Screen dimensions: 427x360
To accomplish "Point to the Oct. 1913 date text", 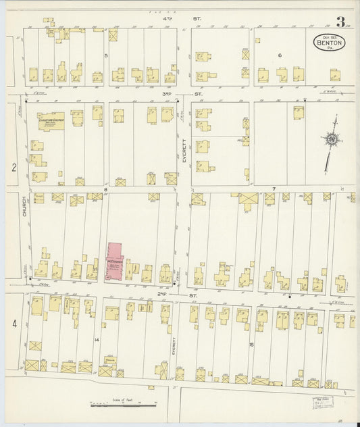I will click(x=329, y=34).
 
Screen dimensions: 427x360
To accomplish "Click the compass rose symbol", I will click(x=332, y=140).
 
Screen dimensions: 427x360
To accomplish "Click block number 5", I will click(x=106, y=55).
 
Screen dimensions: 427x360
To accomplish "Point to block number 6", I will click(x=278, y=55).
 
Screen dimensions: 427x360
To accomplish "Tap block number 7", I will click(x=274, y=188).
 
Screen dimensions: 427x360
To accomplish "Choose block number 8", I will click(x=105, y=189).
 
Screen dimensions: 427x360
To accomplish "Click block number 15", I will click(x=252, y=345).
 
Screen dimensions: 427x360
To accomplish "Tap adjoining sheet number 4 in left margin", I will click(x=14, y=325).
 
